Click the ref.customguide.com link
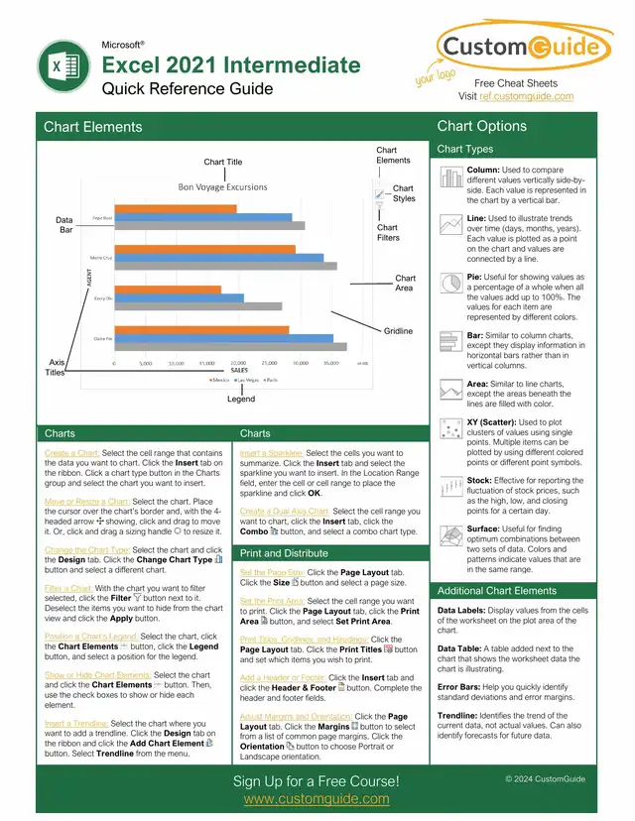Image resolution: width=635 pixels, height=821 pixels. tap(527, 96)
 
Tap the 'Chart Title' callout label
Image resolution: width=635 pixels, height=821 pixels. tap(222, 162)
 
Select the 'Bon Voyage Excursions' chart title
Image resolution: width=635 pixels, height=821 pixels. tap(222, 186)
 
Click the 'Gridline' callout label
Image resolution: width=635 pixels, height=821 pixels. tap(398, 330)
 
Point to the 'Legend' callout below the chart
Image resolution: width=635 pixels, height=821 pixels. tap(241, 399)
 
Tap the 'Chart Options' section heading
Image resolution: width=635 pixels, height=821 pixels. tap(482, 126)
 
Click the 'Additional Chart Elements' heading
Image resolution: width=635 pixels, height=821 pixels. tap(497, 591)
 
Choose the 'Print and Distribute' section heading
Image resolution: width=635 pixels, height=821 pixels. tap(285, 553)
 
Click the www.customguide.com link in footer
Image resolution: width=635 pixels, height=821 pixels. tap(316, 799)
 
